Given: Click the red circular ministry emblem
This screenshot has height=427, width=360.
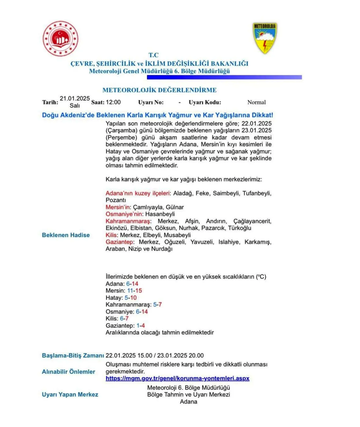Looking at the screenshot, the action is (60, 39).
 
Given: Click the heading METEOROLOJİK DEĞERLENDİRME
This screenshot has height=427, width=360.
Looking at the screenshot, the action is (159, 90).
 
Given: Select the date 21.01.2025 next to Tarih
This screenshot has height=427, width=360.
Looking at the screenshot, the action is (75, 98).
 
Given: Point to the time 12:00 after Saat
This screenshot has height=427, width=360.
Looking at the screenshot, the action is (113, 102).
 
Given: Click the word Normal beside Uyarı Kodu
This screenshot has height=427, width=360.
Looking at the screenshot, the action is (256, 102).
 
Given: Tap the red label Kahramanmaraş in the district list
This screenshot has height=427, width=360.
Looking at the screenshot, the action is (128, 221).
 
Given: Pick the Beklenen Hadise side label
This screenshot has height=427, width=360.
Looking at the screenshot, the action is (66, 235).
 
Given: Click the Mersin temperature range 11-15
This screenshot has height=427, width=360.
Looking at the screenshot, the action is (135, 290).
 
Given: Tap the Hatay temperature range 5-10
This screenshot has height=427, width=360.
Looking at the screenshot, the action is (130, 298).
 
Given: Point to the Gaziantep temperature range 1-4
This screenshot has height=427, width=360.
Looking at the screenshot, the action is (140, 326).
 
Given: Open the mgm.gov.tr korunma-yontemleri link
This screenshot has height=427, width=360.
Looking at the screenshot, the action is (177, 379).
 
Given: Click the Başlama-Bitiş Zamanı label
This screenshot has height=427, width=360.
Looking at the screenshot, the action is (73, 355).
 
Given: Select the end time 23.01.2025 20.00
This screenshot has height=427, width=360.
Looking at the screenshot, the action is (180, 355).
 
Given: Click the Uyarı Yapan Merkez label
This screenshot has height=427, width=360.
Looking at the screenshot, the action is (70, 394).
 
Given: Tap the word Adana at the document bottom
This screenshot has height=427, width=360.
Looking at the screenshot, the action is (188, 402).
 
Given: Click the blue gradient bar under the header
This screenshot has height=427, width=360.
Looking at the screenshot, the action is (224, 77).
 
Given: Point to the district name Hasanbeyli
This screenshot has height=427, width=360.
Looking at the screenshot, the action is (160, 214).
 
